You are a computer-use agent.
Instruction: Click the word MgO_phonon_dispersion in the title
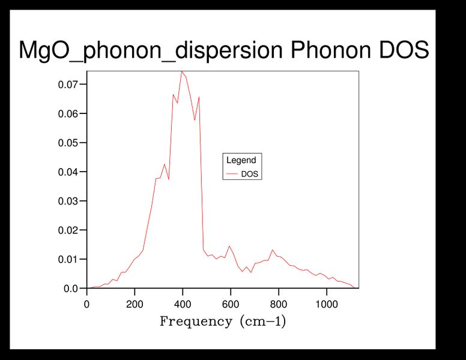tap(151, 50)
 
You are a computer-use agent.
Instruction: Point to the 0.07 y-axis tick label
tap(68, 85)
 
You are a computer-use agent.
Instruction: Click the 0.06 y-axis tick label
tap(68, 114)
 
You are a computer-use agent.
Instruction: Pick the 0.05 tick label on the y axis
tap(68, 143)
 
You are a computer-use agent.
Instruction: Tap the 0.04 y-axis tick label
tap(68, 172)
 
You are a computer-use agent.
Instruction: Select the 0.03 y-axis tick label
tap(68, 201)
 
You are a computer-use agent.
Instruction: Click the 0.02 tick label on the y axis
tap(68, 230)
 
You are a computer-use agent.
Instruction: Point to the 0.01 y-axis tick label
tap(68, 259)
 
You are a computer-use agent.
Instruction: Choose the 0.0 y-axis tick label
tap(71, 289)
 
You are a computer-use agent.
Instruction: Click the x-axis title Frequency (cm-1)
tap(223, 322)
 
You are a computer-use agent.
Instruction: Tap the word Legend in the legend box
tap(241, 160)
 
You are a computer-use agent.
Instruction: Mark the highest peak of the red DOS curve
tap(181, 71)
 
